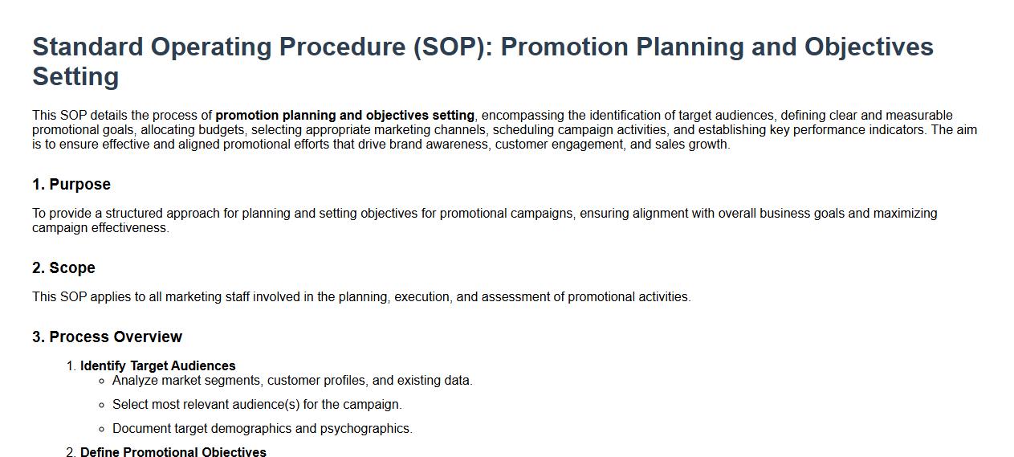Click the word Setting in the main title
click(75, 76)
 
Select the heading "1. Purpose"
click(71, 185)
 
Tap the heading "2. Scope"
click(64, 267)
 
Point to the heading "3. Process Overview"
click(108, 337)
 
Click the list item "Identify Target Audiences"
click(158, 365)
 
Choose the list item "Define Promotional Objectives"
click(173, 452)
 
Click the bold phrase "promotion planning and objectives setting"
click(345, 116)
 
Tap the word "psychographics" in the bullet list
click(365, 428)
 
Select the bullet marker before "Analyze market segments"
click(101, 381)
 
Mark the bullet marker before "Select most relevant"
click(101, 405)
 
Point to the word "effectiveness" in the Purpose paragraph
click(129, 228)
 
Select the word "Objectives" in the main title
click(869, 47)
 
